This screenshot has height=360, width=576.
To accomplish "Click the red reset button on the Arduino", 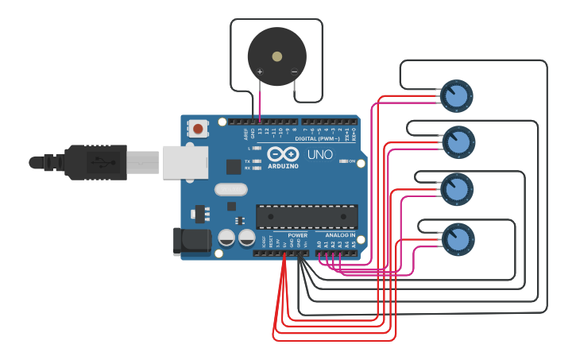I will tap(198, 127).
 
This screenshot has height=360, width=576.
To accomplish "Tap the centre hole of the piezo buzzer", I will tap(276, 56).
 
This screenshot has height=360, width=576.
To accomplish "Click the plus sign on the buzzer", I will tap(260, 72).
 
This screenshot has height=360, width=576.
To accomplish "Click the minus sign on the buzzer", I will tap(294, 72).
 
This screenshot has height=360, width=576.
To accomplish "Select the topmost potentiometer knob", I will tap(457, 96).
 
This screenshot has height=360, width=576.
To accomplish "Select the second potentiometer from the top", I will tap(458, 142).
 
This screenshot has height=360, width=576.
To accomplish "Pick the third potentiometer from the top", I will tap(457, 189).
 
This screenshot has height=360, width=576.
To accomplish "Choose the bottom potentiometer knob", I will tap(458, 238).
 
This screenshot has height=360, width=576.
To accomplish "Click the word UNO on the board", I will tap(319, 154).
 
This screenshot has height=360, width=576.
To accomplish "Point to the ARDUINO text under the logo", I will tap(283, 166).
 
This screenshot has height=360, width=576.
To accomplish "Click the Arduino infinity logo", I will tap(283, 154).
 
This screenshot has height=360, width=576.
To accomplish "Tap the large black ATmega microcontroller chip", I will tap(307, 216).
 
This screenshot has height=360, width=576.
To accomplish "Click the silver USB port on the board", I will tap(184, 162).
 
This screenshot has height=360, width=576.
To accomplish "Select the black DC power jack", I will tap(191, 242).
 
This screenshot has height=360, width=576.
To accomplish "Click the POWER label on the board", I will tap(297, 235).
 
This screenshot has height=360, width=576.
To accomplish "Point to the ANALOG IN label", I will tap(337, 235).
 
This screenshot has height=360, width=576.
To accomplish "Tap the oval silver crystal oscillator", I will tap(230, 190).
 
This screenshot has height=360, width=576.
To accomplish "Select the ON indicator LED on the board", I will tap(343, 161).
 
